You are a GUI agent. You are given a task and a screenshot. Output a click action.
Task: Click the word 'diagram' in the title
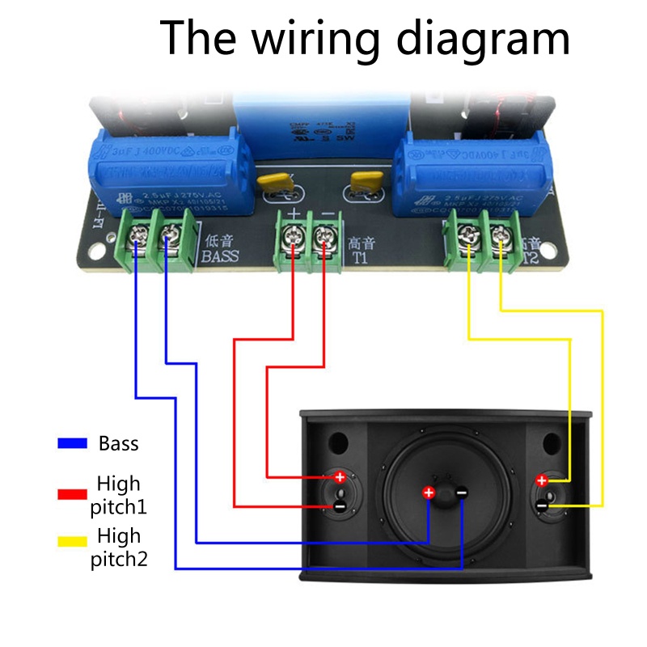pyautogui.click(x=485, y=39)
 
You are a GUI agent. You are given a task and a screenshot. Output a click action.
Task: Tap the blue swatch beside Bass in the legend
pyautogui.click(x=72, y=443)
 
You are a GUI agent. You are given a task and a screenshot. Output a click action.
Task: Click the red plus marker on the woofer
pyautogui.click(x=429, y=493)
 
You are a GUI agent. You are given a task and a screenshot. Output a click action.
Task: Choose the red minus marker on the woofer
pyautogui.click(x=460, y=493)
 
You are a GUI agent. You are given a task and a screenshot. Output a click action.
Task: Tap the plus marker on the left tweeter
pyautogui.click(x=340, y=477)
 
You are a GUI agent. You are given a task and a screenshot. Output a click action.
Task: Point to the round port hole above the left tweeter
pyautogui.click(x=338, y=443)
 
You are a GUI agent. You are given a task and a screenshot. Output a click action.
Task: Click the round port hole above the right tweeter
pyautogui.click(x=551, y=443)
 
